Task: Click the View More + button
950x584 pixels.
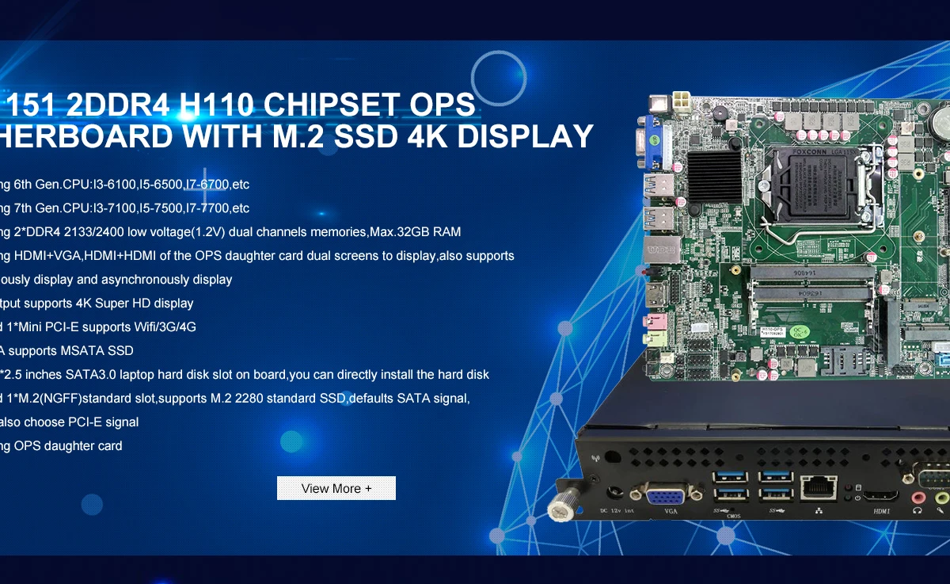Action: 336,488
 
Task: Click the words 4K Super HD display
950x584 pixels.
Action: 135,303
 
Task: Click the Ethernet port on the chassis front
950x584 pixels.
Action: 819,487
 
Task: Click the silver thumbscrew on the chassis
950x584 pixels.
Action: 561,506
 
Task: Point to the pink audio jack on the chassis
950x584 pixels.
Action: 918,498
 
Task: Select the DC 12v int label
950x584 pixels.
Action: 617,511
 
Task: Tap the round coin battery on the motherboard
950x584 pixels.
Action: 940,121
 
